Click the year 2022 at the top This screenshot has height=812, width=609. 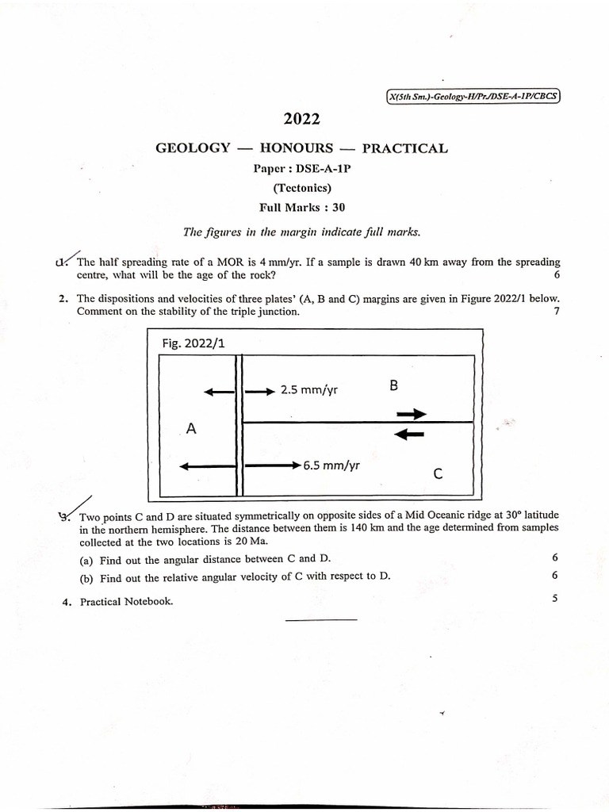pyautogui.click(x=301, y=120)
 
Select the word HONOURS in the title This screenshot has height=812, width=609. pyautogui.click(x=297, y=147)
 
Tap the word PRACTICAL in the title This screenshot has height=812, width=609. pyautogui.click(x=404, y=147)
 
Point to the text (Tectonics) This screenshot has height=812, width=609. pyautogui.click(x=301, y=188)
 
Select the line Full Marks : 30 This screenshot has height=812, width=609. pyautogui.click(x=302, y=208)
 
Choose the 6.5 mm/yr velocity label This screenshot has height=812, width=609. pyautogui.click(x=331, y=465)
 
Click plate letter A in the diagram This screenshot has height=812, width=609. pyautogui.click(x=190, y=428)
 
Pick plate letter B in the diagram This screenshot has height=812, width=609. pyautogui.click(x=394, y=386)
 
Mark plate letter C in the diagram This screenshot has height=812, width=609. pyautogui.click(x=437, y=474)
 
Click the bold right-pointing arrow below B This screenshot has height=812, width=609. pyautogui.click(x=411, y=414)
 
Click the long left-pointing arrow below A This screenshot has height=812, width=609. pyautogui.click(x=208, y=467)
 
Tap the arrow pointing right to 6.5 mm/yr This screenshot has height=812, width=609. pyautogui.click(x=272, y=466)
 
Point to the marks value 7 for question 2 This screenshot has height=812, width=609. pyautogui.click(x=557, y=312)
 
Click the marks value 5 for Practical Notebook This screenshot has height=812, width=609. pyautogui.click(x=555, y=599)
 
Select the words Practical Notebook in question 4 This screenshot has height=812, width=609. pyautogui.click(x=126, y=601)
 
